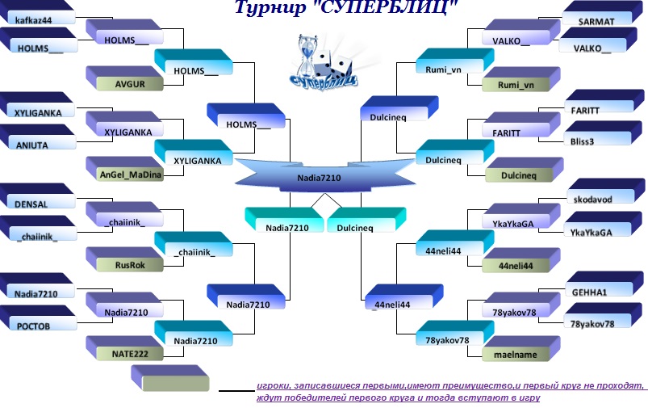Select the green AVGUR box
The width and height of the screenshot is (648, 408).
(x=128, y=83)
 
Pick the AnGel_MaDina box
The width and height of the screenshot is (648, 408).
(x=130, y=175)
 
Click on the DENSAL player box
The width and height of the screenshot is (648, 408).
(x=36, y=205)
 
